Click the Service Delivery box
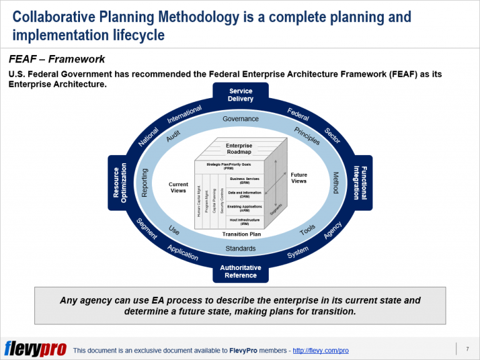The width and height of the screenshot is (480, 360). point(241,95)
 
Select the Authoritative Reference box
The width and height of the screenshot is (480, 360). point(241,271)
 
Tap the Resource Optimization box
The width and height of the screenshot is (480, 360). point(120,182)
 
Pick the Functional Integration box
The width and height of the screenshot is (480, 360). point(361,182)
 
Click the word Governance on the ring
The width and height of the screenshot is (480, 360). point(241,119)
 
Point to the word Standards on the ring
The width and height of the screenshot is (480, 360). point(241,249)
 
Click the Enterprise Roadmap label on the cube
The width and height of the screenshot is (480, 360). point(239,148)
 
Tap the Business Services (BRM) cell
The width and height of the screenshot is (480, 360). point(244,180)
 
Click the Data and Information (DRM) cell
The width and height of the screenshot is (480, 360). point(244,194)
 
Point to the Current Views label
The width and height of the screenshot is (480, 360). point(178,187)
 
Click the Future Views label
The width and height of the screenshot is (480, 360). point(299,178)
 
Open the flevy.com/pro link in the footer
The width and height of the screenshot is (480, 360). point(321,351)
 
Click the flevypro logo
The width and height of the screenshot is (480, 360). point(35,348)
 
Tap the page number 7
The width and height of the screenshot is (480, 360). point(467,347)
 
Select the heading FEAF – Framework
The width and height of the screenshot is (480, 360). point(57,60)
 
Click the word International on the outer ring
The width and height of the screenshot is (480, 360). point(184,114)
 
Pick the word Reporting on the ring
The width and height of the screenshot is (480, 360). point(145,182)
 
